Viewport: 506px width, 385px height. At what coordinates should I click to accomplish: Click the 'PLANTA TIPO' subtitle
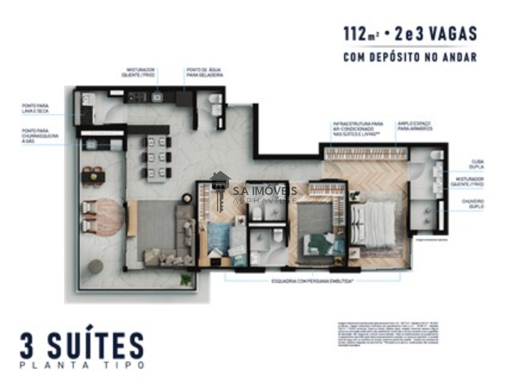[82, 365]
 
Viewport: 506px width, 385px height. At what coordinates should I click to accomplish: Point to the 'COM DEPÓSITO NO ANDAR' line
[410, 57]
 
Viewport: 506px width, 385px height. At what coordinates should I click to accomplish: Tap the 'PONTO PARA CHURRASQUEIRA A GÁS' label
[40, 135]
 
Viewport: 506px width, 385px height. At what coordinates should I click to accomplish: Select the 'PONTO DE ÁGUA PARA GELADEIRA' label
[205, 72]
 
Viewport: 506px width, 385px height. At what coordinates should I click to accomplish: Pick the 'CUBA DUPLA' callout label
[478, 164]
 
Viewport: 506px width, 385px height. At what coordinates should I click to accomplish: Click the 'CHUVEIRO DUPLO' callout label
[473, 204]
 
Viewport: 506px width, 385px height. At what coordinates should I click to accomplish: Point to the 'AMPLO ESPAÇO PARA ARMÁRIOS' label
[415, 126]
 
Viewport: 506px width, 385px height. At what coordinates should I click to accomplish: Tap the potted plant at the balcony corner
[185, 280]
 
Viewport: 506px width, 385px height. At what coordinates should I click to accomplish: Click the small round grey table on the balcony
[96, 267]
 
